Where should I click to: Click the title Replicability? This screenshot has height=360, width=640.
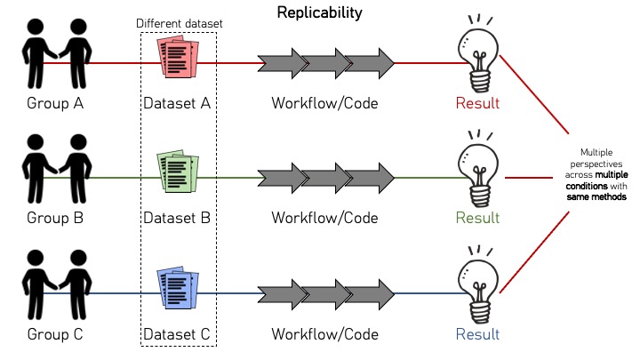pyautogui.click(x=319, y=13)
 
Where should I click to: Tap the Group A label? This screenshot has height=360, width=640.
pyautogui.click(x=55, y=103)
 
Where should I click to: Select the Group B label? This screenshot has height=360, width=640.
pyautogui.click(x=55, y=217)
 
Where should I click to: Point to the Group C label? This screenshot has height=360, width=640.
pyautogui.click(x=55, y=334)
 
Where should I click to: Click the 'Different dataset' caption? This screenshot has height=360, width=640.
pyautogui.click(x=180, y=23)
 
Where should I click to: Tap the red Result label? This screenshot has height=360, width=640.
pyautogui.click(x=477, y=103)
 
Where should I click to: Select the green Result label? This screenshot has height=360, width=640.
pyautogui.click(x=477, y=217)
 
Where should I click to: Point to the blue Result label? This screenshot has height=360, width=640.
pyautogui.click(x=477, y=334)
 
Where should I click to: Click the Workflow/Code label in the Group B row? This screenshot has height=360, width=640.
pyautogui.click(x=324, y=217)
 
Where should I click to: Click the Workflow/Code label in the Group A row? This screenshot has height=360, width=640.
pyautogui.click(x=324, y=103)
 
